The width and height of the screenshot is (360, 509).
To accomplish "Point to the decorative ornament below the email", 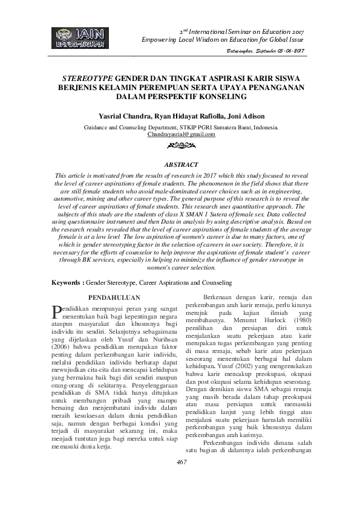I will (181, 146).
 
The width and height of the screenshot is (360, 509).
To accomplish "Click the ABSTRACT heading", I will (181, 164).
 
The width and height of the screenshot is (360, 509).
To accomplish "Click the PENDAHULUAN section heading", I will (115, 297).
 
